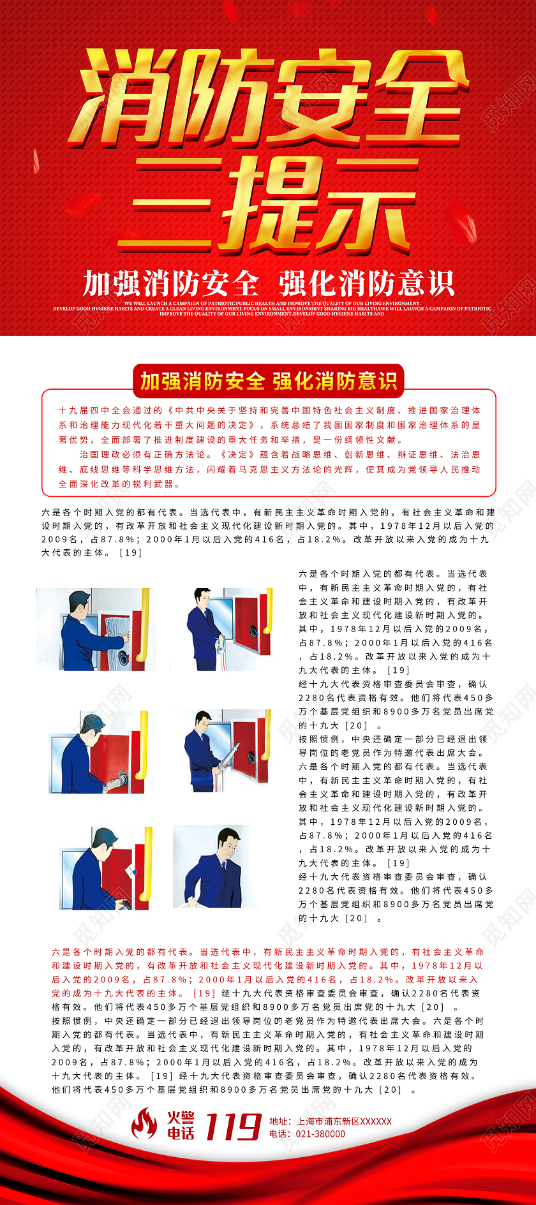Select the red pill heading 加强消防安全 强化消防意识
[x=268, y=381]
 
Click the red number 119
[x=233, y=1127]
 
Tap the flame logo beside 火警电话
[x=144, y=1124]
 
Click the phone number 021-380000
[x=318, y=1134]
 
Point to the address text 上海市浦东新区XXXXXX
[x=344, y=1121]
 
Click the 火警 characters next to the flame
[x=181, y=1117]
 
